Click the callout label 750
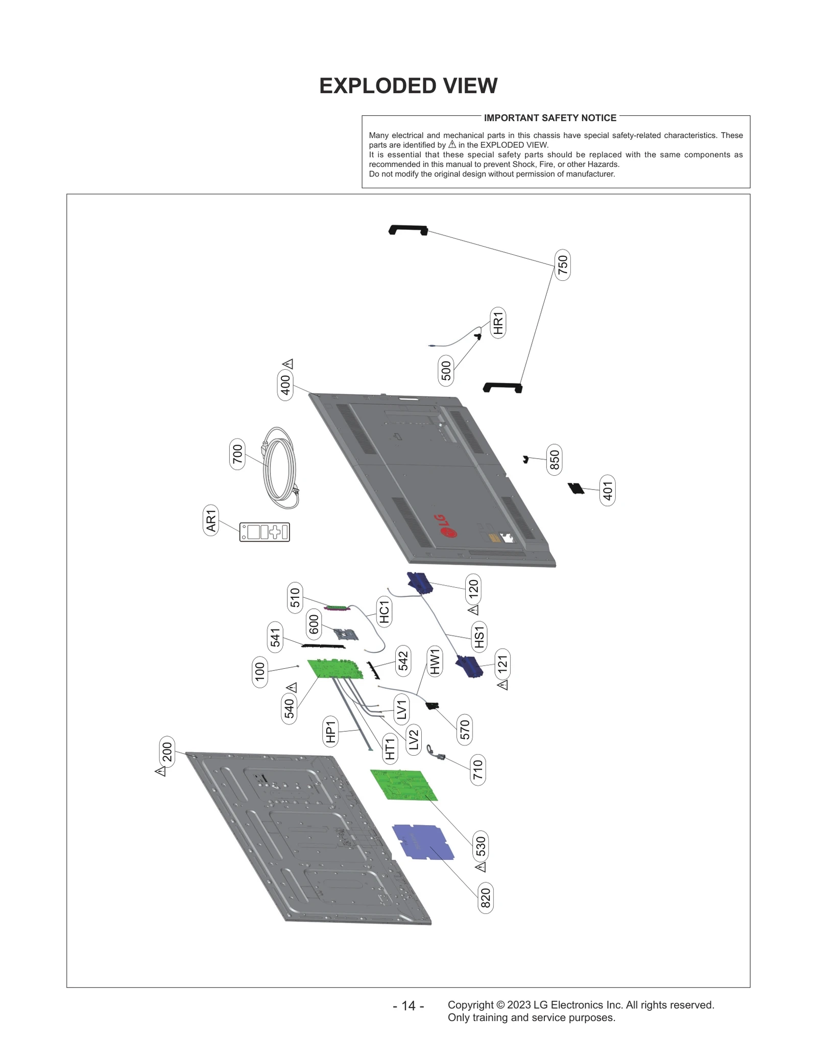(x=562, y=264)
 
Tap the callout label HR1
(x=498, y=323)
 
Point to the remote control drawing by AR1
(x=265, y=532)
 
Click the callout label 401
(x=607, y=491)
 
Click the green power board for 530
(x=403, y=785)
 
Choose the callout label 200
(x=167, y=752)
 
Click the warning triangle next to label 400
(x=288, y=364)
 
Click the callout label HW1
(x=434, y=662)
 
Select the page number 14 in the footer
(x=408, y=1005)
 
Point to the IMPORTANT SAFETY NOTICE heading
(x=549, y=118)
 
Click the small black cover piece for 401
(x=576, y=488)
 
